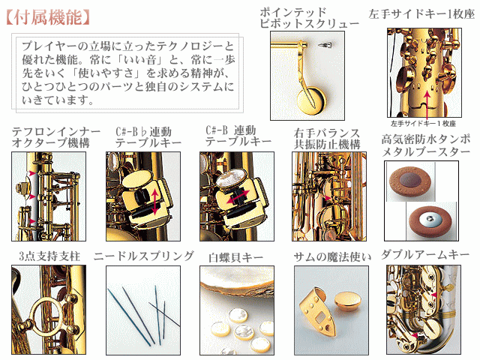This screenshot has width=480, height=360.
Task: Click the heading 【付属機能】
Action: pos(48,17)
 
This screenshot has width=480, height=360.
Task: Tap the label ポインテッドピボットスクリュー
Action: pos(309,18)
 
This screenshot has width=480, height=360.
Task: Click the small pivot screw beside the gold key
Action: pos(325,45)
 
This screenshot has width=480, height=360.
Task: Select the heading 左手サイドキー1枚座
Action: pos(421,14)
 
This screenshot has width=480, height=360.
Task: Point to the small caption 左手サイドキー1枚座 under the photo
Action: pos(423,123)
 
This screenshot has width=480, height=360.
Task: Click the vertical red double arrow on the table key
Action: pos(155,202)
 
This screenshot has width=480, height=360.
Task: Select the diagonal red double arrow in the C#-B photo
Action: pos(238,196)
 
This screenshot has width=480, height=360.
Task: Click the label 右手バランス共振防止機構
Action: pos(327,139)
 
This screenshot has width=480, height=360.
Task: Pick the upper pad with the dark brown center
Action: pos(408,180)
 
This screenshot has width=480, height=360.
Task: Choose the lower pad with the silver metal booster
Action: pos(430,220)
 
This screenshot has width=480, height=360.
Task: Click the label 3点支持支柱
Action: pos(49,256)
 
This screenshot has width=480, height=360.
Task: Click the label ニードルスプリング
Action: pos(143,256)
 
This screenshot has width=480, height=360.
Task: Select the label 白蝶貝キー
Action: pos(235,257)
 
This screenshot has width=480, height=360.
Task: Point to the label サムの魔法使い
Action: pos(332,257)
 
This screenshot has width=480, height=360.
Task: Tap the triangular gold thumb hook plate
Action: pos(316,313)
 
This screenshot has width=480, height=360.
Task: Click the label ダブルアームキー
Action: pos(425,255)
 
